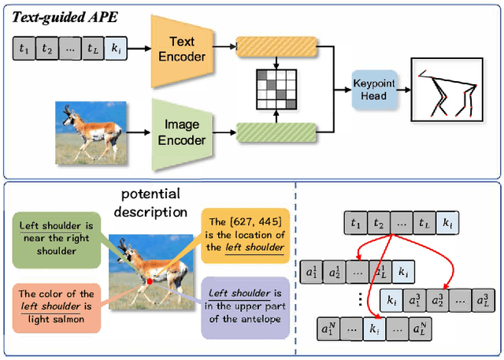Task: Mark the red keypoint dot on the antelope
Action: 150,280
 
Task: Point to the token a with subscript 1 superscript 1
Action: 310,272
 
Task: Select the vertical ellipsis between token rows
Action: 359,299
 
